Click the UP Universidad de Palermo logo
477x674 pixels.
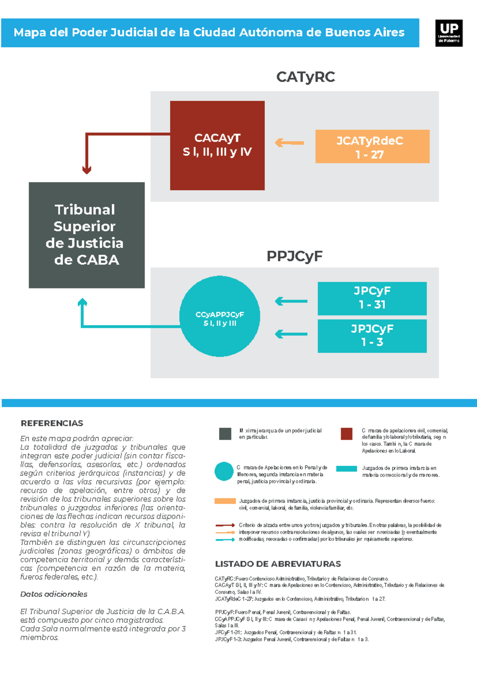tap(449, 33)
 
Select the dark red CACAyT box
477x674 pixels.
tap(217, 145)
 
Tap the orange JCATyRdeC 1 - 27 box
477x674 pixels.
tap(372, 146)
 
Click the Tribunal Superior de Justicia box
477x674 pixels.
tap(87, 235)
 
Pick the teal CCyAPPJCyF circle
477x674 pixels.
tap(220, 316)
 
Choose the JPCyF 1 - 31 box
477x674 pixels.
tap(372, 298)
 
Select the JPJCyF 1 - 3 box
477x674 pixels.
tap(372, 336)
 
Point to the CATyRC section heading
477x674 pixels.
tap(305, 77)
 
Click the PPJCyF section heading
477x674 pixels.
tap(294, 256)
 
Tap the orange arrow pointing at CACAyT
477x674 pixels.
tap(289, 143)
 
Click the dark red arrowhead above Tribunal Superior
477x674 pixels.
tap(87, 170)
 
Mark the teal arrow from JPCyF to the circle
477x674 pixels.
tap(291, 301)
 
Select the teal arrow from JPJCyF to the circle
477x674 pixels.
tap(291, 334)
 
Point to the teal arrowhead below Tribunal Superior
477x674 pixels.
tap(82, 303)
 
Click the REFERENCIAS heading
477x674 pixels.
tap(52, 423)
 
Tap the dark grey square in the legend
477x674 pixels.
tap(225, 434)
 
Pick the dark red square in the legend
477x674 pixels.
tap(346, 434)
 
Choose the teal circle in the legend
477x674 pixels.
tap(224, 471)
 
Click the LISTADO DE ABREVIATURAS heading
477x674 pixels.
tap(278, 564)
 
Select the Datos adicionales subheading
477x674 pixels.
tap(54, 594)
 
